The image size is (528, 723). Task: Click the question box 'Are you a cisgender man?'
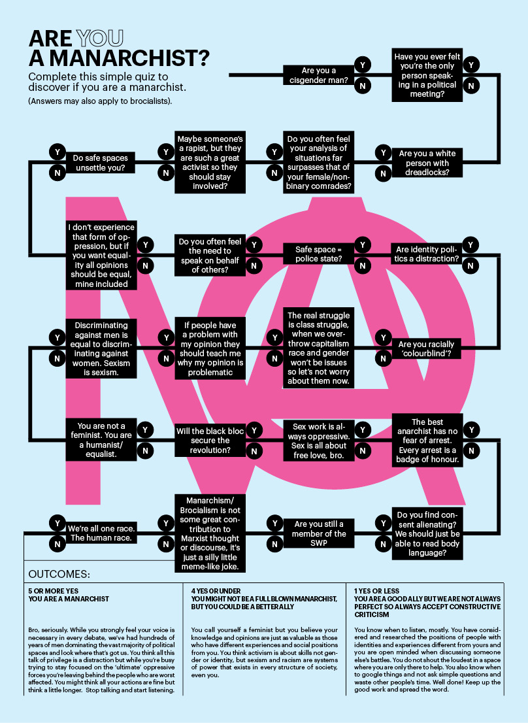coord(318,75)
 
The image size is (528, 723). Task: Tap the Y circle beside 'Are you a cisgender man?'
coord(362,65)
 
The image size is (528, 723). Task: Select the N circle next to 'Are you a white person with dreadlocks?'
coord(384,173)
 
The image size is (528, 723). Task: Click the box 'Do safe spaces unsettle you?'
coord(99,162)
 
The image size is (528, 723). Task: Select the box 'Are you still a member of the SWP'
coord(320,533)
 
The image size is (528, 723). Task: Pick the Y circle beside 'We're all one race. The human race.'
coord(57,523)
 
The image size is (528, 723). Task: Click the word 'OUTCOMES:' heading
coord(59,575)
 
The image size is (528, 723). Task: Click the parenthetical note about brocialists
coord(99,102)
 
